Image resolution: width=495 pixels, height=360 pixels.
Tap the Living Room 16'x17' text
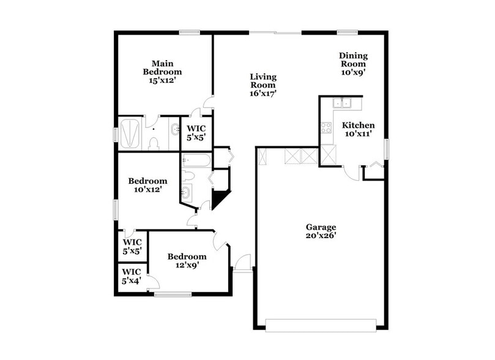click(263, 85)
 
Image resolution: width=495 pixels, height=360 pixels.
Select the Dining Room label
click(353, 64)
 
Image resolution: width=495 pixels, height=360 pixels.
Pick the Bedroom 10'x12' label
click(147, 186)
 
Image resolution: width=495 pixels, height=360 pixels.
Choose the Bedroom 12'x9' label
click(187, 261)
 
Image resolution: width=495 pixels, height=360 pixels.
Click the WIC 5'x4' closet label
click(132, 276)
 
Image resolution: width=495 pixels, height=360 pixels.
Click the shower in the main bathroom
click(131, 133)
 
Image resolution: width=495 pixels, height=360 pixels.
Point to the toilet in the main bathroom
click(154, 143)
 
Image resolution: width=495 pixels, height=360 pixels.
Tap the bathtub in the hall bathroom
click(196, 161)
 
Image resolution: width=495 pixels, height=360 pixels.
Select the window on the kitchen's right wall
click(386, 148)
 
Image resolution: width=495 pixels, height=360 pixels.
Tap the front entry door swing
click(242, 261)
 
